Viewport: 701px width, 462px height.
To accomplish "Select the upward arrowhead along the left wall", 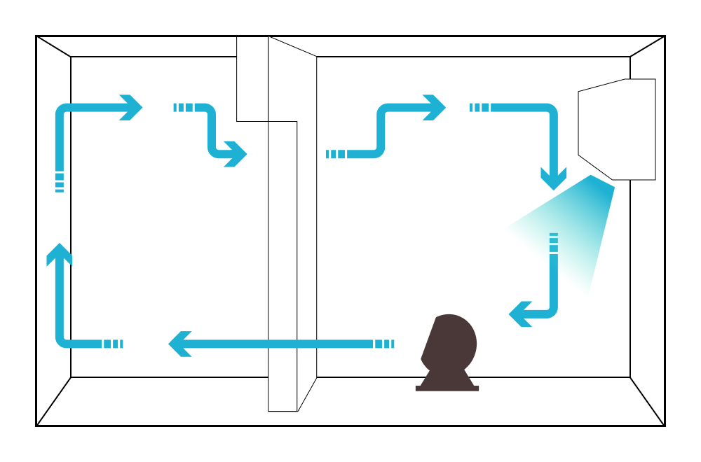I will pos(60,253).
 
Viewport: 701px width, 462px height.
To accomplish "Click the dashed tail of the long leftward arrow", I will pos(384,344).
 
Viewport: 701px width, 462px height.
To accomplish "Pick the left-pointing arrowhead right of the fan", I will pos(519,314).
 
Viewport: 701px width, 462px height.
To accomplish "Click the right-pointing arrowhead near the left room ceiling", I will pos(132,108).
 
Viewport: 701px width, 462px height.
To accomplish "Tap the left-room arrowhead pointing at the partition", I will pos(236,154).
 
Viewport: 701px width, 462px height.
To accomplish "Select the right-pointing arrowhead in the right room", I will pos(435,108).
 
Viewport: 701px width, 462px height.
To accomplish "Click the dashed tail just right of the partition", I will pos(336,154).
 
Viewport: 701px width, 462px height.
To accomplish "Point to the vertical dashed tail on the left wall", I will pos(60,182).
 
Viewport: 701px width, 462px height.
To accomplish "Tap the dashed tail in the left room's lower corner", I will pos(113,344).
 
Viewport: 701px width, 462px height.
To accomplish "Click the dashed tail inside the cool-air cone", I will pos(554,242).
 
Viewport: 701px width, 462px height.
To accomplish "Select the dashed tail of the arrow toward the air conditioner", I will pos(479,108).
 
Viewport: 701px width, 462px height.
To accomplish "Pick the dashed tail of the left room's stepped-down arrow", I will pos(183,108).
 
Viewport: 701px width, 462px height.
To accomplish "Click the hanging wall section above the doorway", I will pos(252,79).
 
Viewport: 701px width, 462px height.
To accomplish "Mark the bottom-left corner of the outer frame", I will pos(36,425).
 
